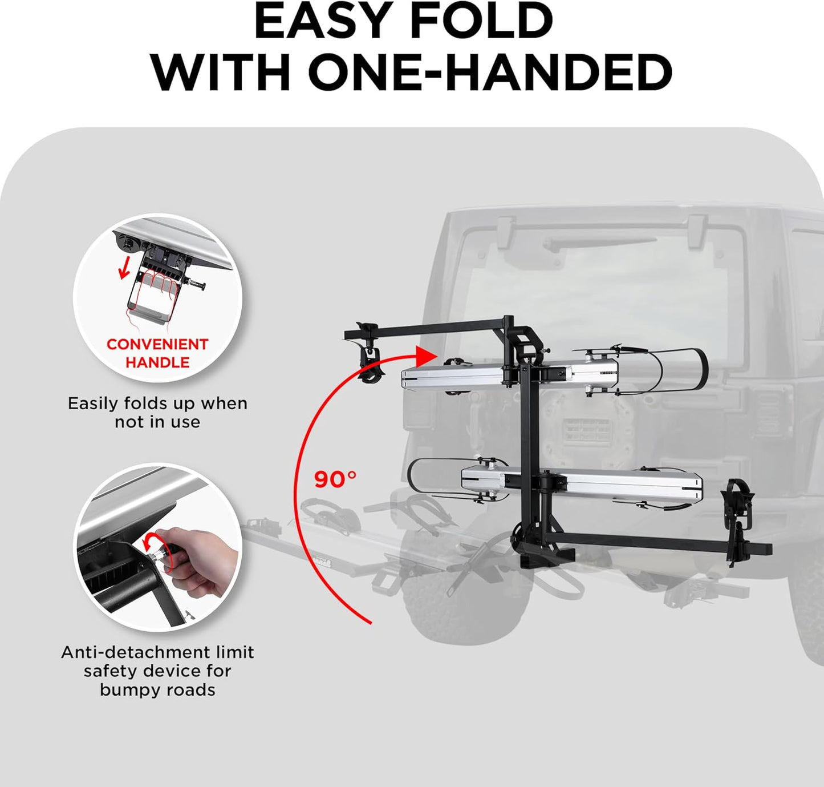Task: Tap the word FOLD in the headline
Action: [481, 21]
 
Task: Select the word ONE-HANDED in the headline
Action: [490, 73]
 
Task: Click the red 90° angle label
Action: [335, 479]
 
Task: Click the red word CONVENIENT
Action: [157, 345]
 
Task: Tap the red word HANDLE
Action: [157, 362]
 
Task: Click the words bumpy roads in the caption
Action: [157, 690]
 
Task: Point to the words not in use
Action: [157, 422]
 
